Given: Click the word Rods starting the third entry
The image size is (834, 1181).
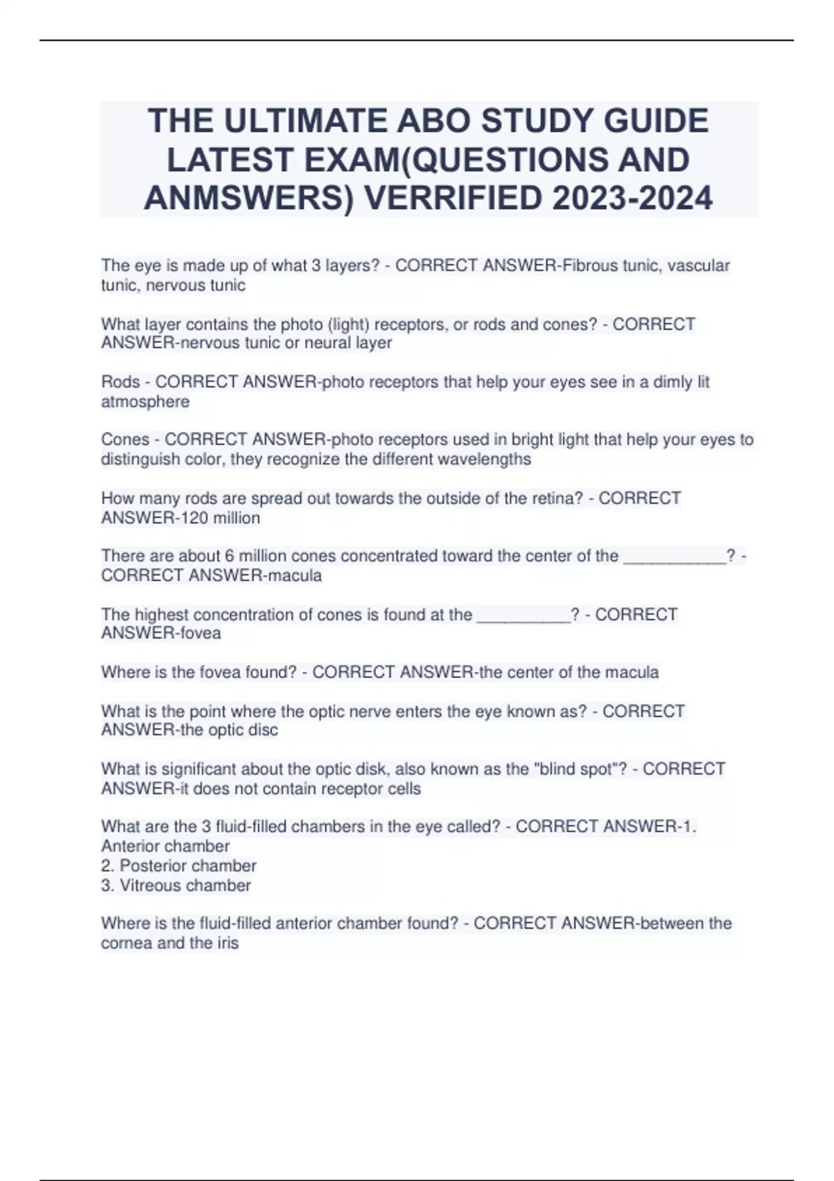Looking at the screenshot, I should (120, 382).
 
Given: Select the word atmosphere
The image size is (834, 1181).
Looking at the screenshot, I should (145, 402).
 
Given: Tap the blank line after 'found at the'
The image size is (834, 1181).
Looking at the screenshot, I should (523, 616).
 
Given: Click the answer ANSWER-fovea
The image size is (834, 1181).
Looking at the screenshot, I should (161, 633).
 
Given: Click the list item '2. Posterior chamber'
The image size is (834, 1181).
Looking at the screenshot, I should (179, 866).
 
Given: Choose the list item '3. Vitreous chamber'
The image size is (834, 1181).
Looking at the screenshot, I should (176, 885).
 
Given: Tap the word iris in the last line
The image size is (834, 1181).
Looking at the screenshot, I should (228, 943).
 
